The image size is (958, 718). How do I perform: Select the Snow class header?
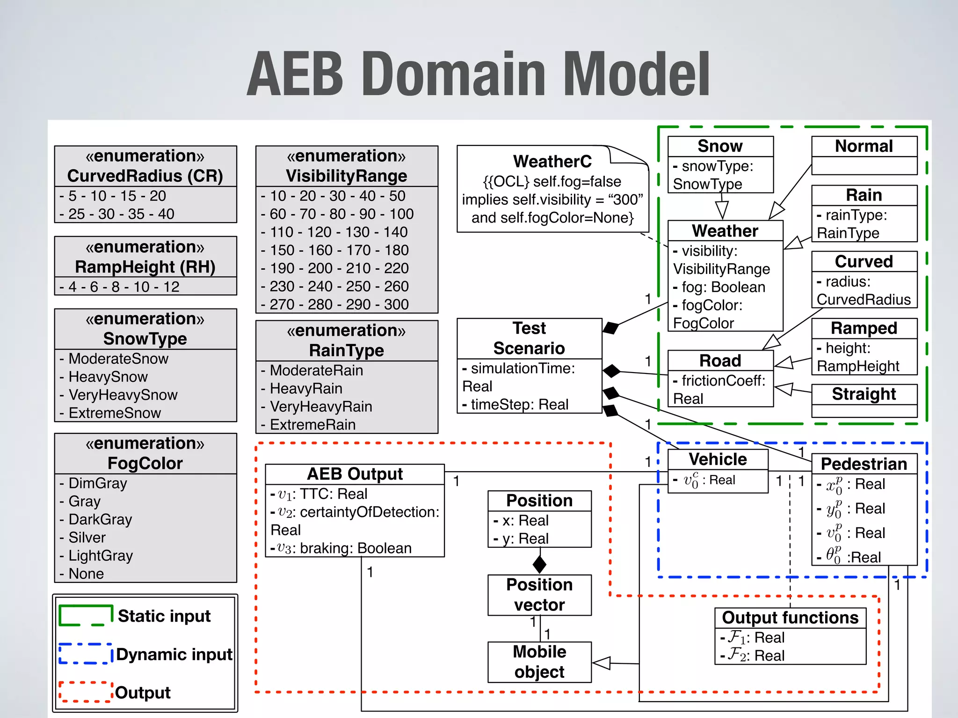[x=720, y=146]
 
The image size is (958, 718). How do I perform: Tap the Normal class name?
[x=864, y=146]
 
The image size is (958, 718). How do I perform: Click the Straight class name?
[x=864, y=394]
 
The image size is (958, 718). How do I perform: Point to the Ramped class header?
[x=864, y=328]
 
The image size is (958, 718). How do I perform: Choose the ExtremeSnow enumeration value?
[x=115, y=413]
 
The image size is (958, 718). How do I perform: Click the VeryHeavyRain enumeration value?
[x=321, y=407]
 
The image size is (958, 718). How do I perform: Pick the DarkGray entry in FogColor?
[x=100, y=519]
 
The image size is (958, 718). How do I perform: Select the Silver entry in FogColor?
[x=87, y=538]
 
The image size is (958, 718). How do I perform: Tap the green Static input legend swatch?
[x=86, y=616]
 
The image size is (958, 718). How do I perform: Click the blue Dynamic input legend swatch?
[x=86, y=654]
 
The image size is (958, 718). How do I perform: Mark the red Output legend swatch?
[x=86, y=692]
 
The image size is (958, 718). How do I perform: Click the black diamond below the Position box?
[x=539, y=564]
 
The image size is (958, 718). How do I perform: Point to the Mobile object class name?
[x=539, y=661]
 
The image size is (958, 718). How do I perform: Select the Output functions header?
[x=790, y=618]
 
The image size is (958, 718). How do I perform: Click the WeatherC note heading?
[x=552, y=161]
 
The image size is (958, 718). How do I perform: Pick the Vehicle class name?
[x=718, y=460]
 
